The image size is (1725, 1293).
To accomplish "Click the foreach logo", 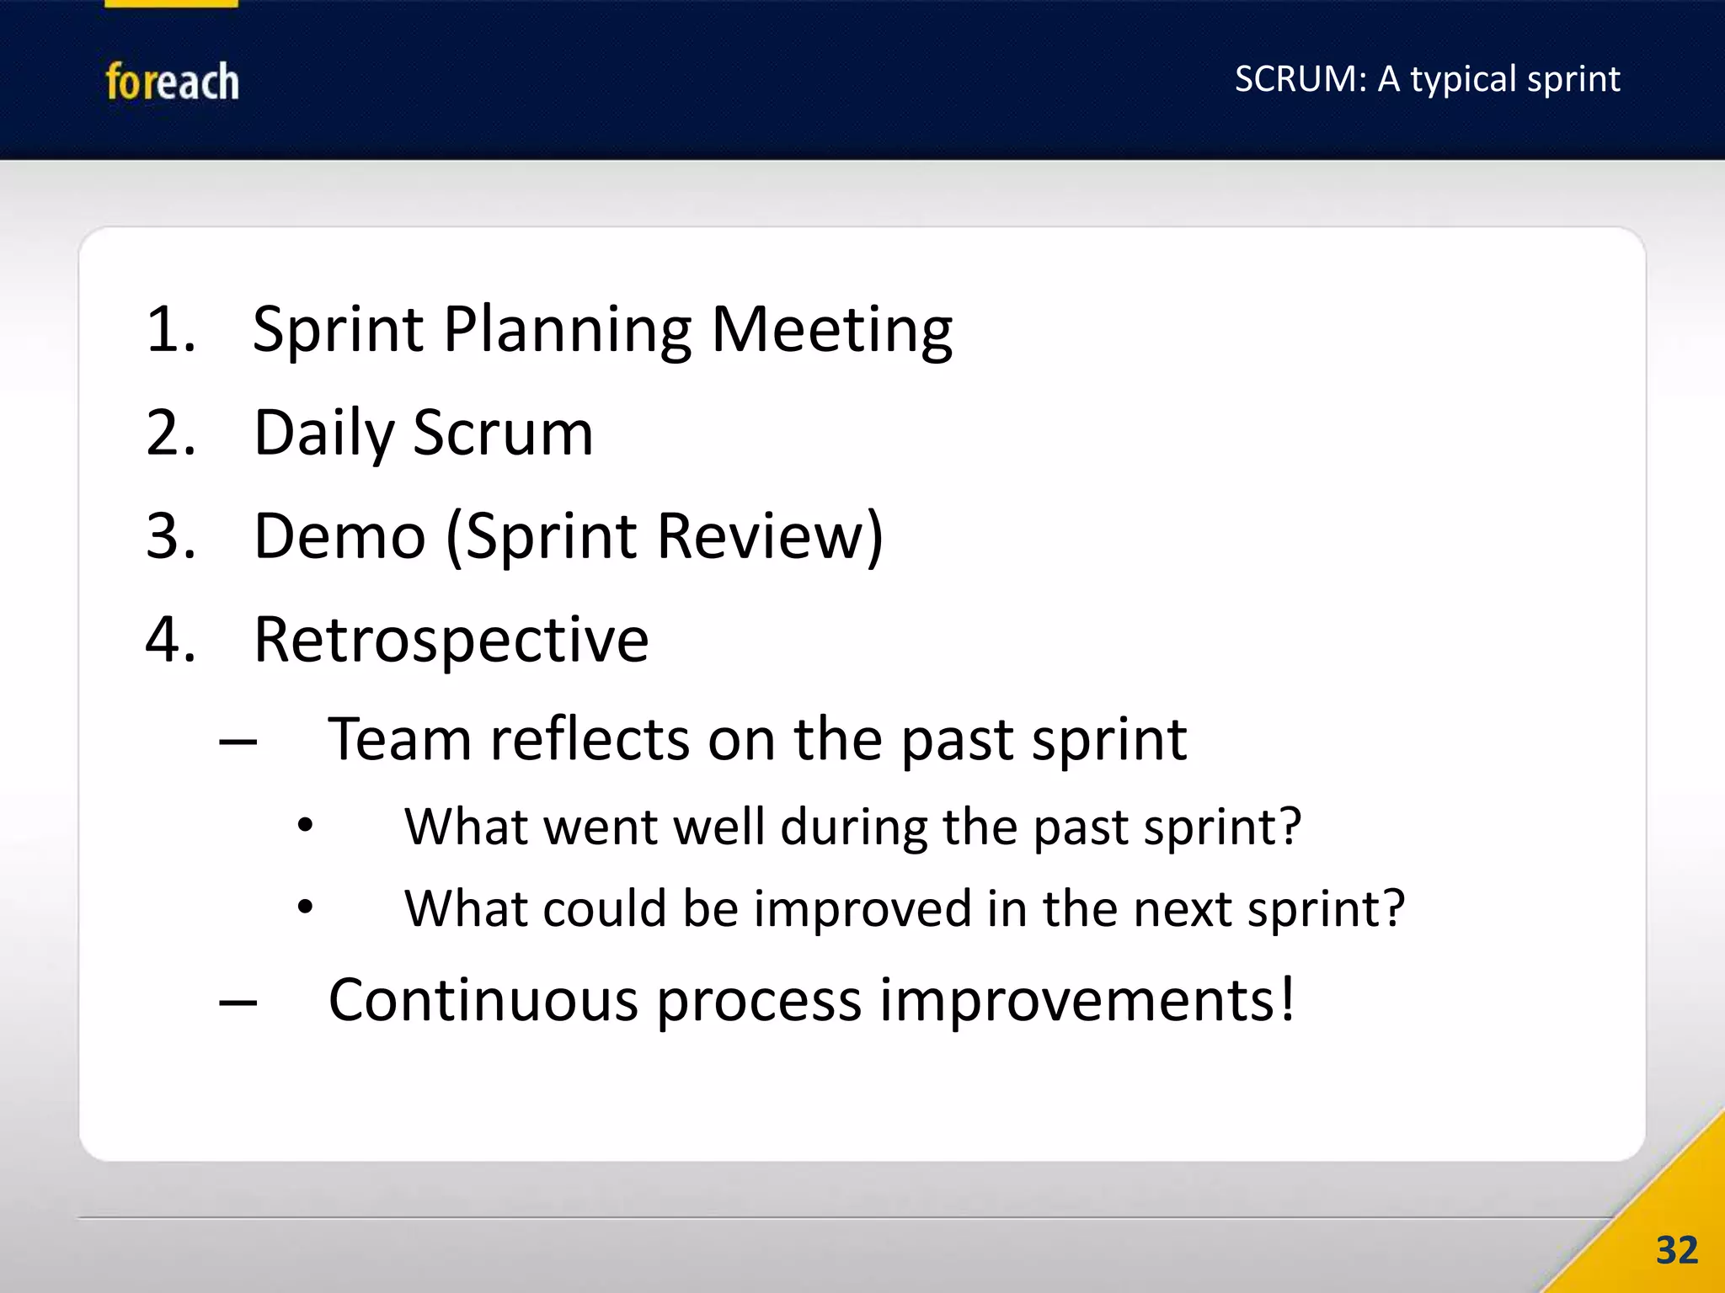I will [x=172, y=82].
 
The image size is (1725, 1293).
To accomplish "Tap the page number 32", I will [x=1676, y=1250].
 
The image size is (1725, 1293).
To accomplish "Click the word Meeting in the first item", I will [x=831, y=330].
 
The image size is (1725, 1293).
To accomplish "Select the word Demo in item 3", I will [x=339, y=536].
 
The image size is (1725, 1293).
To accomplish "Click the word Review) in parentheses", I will [x=770, y=536].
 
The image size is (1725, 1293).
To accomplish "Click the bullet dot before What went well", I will [x=305, y=826].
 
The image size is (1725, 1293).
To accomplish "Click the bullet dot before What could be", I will [x=305, y=907].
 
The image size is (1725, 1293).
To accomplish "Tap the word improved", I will [x=862, y=910].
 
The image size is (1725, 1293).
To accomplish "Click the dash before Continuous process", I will [x=238, y=1003].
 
